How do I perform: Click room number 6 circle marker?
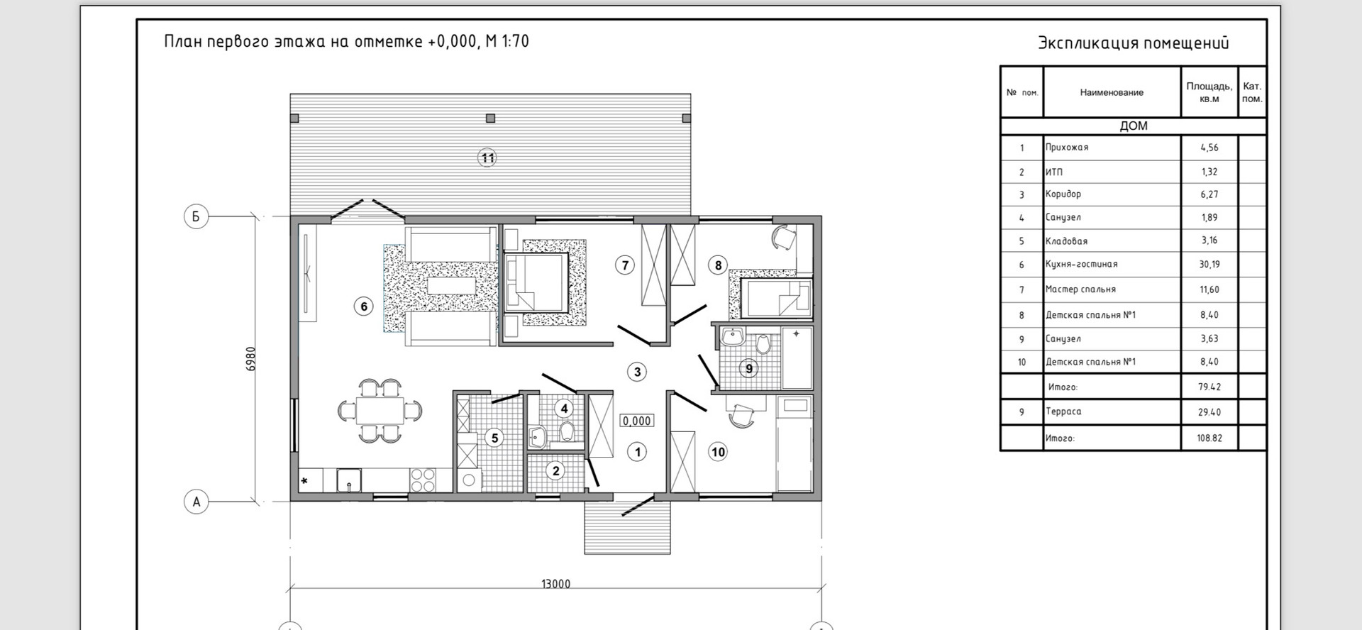[364, 306]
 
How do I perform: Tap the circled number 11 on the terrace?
[487, 157]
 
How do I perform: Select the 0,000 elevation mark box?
[636, 421]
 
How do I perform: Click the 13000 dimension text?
[555, 584]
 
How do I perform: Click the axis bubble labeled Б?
[196, 216]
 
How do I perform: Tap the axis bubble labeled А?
[196, 502]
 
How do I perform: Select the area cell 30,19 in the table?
[1209, 265]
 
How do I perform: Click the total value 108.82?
[1209, 438]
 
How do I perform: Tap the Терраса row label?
[1063, 411]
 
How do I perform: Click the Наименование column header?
[1112, 92]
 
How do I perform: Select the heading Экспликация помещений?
[1133, 43]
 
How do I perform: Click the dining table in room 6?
[380, 410]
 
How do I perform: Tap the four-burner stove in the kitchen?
[423, 480]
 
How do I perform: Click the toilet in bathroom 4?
[566, 431]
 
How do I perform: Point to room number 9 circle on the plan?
[748, 368]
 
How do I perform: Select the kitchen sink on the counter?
[348, 480]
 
